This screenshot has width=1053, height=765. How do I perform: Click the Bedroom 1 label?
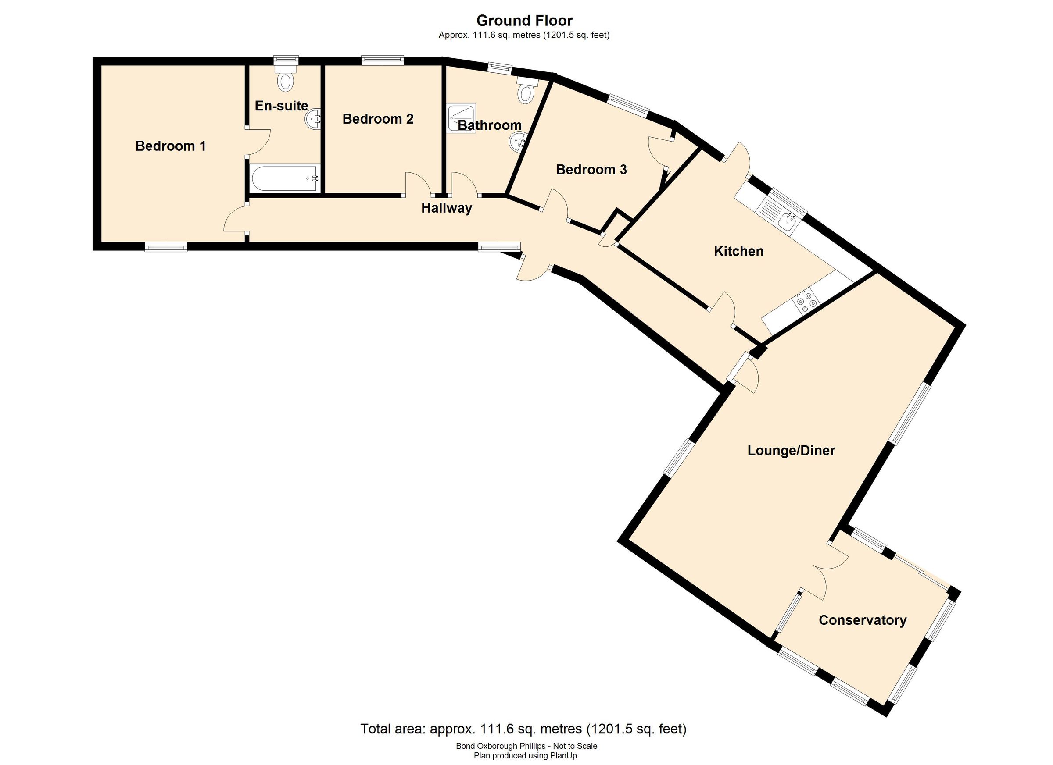[170, 146]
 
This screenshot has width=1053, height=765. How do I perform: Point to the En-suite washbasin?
[313, 120]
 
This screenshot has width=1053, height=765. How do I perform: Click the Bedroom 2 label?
[377, 119]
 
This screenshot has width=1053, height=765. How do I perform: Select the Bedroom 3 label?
[591, 170]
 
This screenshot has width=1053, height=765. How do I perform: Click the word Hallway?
[446, 208]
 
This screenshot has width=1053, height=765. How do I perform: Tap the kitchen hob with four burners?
[805, 299]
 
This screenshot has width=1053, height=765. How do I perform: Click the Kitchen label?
[738, 252]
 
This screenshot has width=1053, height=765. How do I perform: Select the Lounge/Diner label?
[791, 451]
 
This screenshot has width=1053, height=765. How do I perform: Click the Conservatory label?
[862, 620]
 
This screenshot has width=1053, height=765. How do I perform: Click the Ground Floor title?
[524, 21]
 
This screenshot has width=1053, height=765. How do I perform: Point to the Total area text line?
[523, 729]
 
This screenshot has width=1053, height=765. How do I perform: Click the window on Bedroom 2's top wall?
[383, 60]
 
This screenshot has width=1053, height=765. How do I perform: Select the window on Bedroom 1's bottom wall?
[166, 247]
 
